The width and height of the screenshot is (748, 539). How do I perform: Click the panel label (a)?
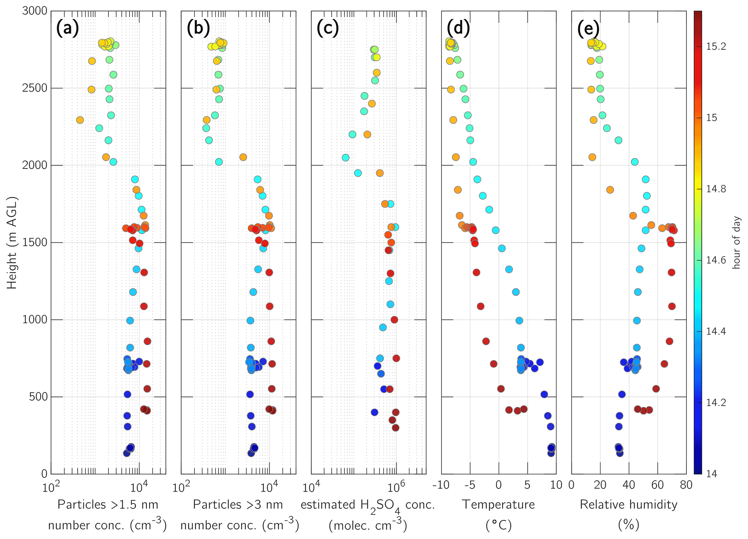[x=67, y=28]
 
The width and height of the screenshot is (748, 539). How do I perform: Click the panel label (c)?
[x=327, y=28]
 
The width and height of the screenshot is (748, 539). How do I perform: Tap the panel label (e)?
[x=588, y=28]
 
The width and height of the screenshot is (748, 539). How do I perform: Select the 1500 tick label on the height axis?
[x=35, y=242]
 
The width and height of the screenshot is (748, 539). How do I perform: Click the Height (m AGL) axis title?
[x=12, y=242]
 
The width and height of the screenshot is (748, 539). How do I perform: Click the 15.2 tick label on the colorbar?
[x=716, y=46]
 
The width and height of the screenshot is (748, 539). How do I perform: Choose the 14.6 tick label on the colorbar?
[x=716, y=260]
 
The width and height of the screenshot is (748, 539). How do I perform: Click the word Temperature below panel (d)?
[x=498, y=504]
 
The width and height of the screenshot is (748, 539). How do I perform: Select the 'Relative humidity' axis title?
[x=629, y=504]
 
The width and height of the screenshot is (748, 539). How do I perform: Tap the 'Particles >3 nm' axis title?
[x=238, y=504]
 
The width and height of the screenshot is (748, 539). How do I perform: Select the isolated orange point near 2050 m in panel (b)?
[x=243, y=157]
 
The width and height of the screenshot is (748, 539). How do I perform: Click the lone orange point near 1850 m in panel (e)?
[x=610, y=190]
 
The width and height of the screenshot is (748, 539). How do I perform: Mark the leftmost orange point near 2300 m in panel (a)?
[x=80, y=120]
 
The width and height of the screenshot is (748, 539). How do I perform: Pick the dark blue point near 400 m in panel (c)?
[x=375, y=412]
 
